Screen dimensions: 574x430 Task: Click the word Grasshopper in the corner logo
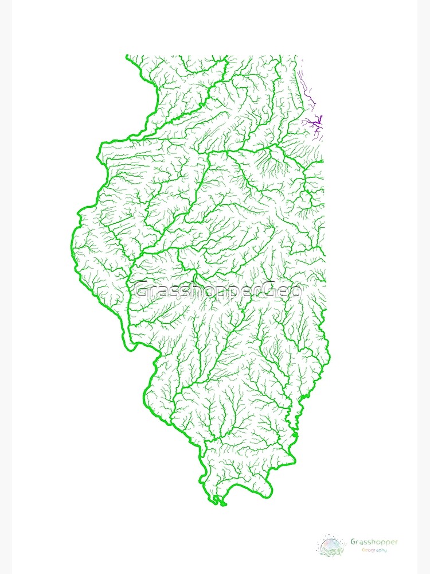click(x=374, y=541)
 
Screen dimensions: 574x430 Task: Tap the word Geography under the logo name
click(x=374, y=550)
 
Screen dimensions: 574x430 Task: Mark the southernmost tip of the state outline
click(x=221, y=504)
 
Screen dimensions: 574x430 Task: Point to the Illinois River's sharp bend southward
click(x=209, y=153)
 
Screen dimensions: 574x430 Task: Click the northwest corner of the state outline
click(x=127, y=56)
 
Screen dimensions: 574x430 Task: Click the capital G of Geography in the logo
click(x=363, y=550)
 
